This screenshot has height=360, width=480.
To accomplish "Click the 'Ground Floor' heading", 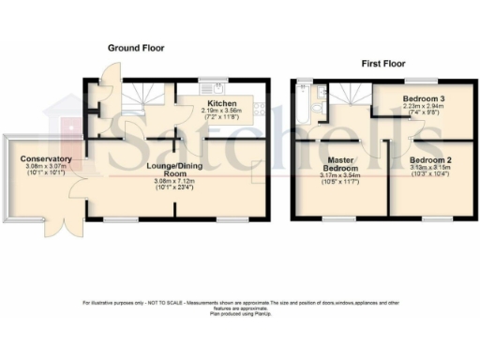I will (138, 47).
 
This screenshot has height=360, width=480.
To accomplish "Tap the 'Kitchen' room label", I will (222, 103).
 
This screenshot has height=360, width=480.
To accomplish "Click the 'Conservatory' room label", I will (43, 159).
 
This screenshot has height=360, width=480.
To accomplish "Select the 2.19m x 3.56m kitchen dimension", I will (222, 111).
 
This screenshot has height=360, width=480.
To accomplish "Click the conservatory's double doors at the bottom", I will (66, 228).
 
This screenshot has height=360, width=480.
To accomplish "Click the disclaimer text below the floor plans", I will (241, 305).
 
